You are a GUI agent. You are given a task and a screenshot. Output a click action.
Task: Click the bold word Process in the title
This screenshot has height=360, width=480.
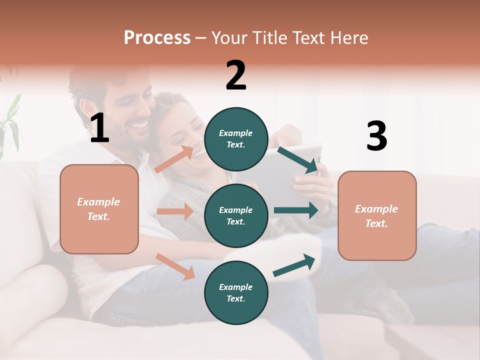pyautogui.click(x=157, y=38)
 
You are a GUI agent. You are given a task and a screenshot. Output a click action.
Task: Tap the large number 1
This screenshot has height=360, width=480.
pyautogui.click(x=99, y=128)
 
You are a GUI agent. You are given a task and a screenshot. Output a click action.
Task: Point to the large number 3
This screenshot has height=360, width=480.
pyautogui.click(x=376, y=136)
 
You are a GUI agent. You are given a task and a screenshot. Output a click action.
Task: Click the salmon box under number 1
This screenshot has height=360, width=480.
pyautogui.click(x=99, y=209)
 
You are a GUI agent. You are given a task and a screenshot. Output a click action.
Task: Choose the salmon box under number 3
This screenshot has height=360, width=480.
pyautogui.click(x=377, y=215)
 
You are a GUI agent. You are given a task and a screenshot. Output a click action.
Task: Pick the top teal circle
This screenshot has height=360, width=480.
pyautogui.click(x=236, y=138)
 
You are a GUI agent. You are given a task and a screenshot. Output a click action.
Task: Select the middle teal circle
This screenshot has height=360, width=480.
pyautogui.click(x=236, y=215)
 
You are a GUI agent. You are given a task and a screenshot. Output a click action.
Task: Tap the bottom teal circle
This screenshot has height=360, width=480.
pyautogui.click(x=236, y=292)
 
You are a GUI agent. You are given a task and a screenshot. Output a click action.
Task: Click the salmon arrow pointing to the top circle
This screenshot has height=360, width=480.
pyautogui.click(x=174, y=159)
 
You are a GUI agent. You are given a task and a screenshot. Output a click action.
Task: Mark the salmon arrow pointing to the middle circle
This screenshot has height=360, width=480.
pyautogui.click(x=175, y=211)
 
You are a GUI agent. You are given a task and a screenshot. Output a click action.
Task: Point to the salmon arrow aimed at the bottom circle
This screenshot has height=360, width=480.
pyautogui.click(x=175, y=266)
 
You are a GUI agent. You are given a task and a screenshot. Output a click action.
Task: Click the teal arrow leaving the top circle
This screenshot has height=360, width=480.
pyautogui.click(x=299, y=160)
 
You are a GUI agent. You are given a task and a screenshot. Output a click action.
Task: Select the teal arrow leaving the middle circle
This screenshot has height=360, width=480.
pyautogui.click(x=296, y=210)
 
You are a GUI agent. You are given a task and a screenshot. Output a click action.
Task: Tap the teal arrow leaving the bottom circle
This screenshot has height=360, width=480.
pyautogui.click(x=294, y=265)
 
